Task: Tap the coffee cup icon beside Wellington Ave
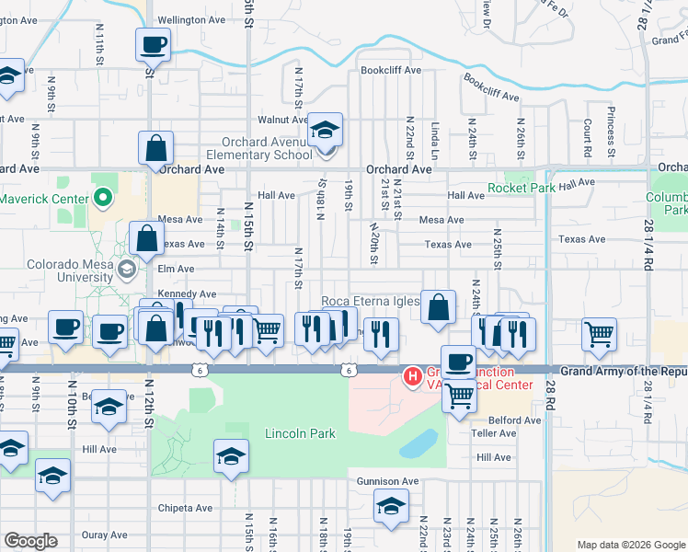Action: pos(153,43)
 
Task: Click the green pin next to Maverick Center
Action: pos(103,197)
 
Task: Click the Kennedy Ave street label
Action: pos(179,293)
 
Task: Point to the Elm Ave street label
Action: pos(175,269)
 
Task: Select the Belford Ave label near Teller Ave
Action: pos(514,420)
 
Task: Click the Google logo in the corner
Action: pos(31,541)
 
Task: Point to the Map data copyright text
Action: pos(631,545)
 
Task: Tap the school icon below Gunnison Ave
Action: pos(391,505)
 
